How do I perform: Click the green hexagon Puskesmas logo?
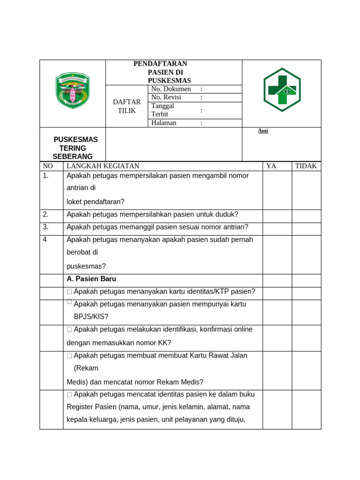pyautogui.click(x=282, y=90)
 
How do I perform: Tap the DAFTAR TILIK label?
pyautogui.click(x=127, y=106)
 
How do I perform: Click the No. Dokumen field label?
pyautogui.click(x=171, y=89)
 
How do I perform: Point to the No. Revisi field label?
pyautogui.click(x=166, y=97)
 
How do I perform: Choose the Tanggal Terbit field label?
pyautogui.click(x=163, y=110)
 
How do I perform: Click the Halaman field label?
pyautogui.click(x=164, y=123)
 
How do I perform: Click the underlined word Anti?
pyautogui.click(x=263, y=131)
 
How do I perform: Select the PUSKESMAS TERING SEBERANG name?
pyautogui.click(x=74, y=148)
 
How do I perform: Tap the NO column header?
pyautogui.click(x=48, y=166)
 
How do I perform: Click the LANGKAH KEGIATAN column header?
pyautogui.click(x=103, y=166)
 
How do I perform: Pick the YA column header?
pyautogui.click(x=271, y=166)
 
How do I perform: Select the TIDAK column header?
pyautogui.click(x=306, y=166)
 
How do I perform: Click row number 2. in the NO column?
pyautogui.click(x=45, y=214)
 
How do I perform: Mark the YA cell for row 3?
pyautogui.click(x=277, y=227)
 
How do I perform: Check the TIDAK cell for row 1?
pyautogui.click(x=306, y=189)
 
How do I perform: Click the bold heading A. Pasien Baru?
pyautogui.click(x=91, y=279)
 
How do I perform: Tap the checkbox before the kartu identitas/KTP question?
pyautogui.click(x=69, y=292)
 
